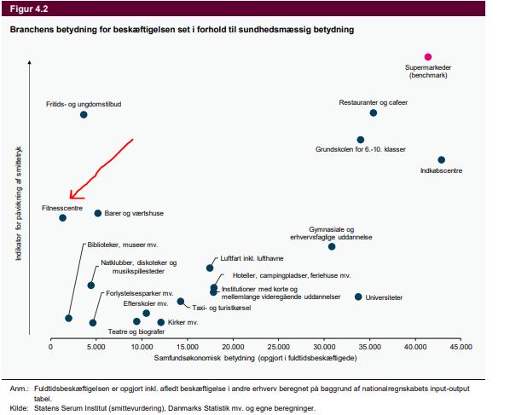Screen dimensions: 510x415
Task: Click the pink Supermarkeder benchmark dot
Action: click(428, 57)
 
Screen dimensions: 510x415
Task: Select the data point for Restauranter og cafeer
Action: click(374, 112)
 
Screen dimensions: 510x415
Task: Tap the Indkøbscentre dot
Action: click(442, 160)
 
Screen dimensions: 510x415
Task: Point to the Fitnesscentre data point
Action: click(63, 218)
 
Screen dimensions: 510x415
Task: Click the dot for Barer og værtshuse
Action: click(98, 213)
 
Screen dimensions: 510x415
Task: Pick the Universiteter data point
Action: click(358, 297)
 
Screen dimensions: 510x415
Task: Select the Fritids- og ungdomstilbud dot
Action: click(84, 114)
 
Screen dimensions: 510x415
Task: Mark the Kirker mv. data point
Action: click(161, 322)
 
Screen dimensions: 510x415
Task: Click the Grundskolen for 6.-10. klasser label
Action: click(361, 149)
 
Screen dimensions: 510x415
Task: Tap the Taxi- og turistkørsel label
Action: click(222, 308)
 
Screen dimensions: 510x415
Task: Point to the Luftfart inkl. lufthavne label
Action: click(252, 258)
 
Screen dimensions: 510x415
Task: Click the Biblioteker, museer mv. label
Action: click(123, 245)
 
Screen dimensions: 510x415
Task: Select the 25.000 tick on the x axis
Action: click(279, 347)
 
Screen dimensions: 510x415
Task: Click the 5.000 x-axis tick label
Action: click(96, 347)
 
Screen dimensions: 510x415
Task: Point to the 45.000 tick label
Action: click(461, 347)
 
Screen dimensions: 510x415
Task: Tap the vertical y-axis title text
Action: click(19, 204)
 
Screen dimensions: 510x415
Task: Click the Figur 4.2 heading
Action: click(29, 9)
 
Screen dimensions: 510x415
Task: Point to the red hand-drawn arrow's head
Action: click(70, 198)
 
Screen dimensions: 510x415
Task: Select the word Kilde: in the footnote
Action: click(19, 408)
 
